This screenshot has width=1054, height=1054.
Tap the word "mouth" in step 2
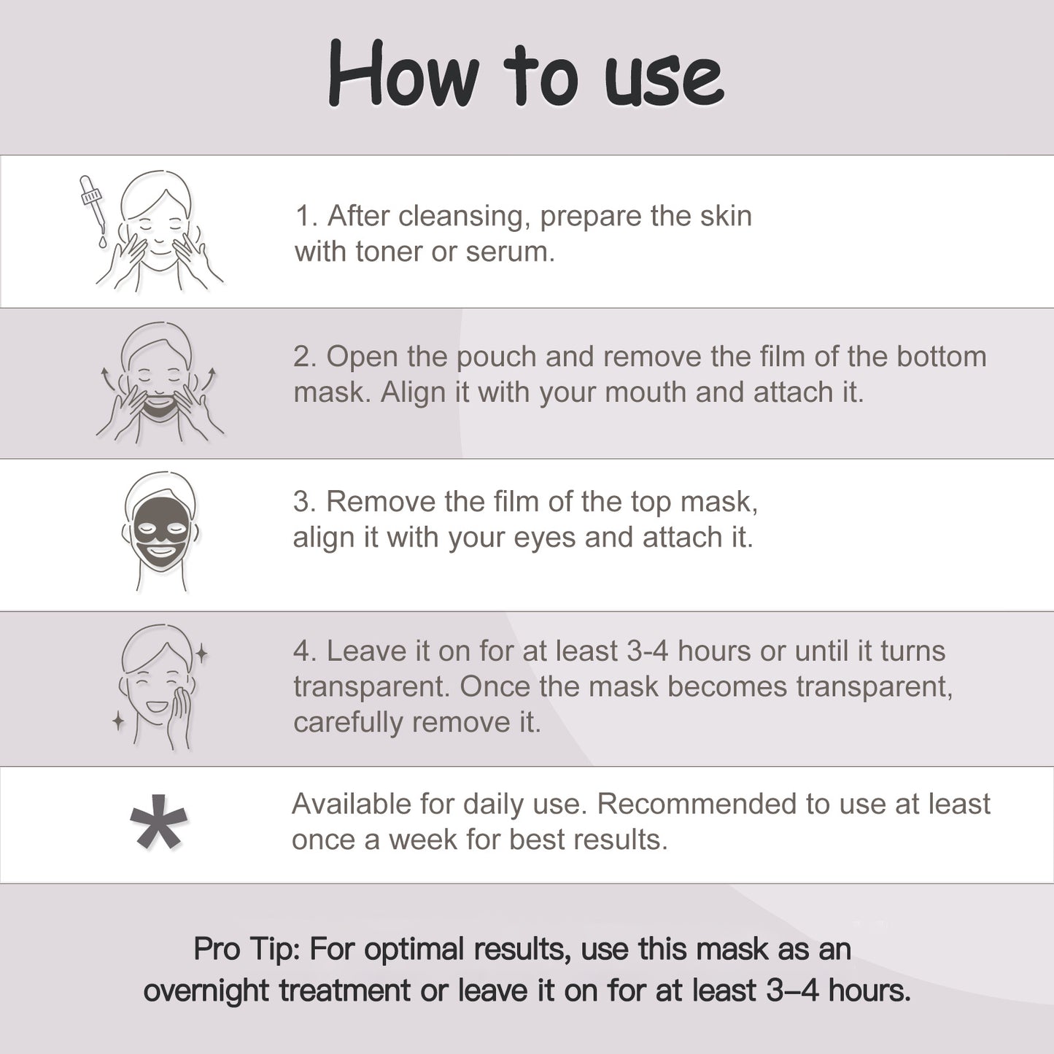(x=646, y=392)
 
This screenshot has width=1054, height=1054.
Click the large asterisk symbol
(x=158, y=822)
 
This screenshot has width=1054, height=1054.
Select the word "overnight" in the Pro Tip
(x=206, y=991)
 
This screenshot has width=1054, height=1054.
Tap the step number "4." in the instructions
(x=305, y=651)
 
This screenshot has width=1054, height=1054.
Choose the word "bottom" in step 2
(x=942, y=357)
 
